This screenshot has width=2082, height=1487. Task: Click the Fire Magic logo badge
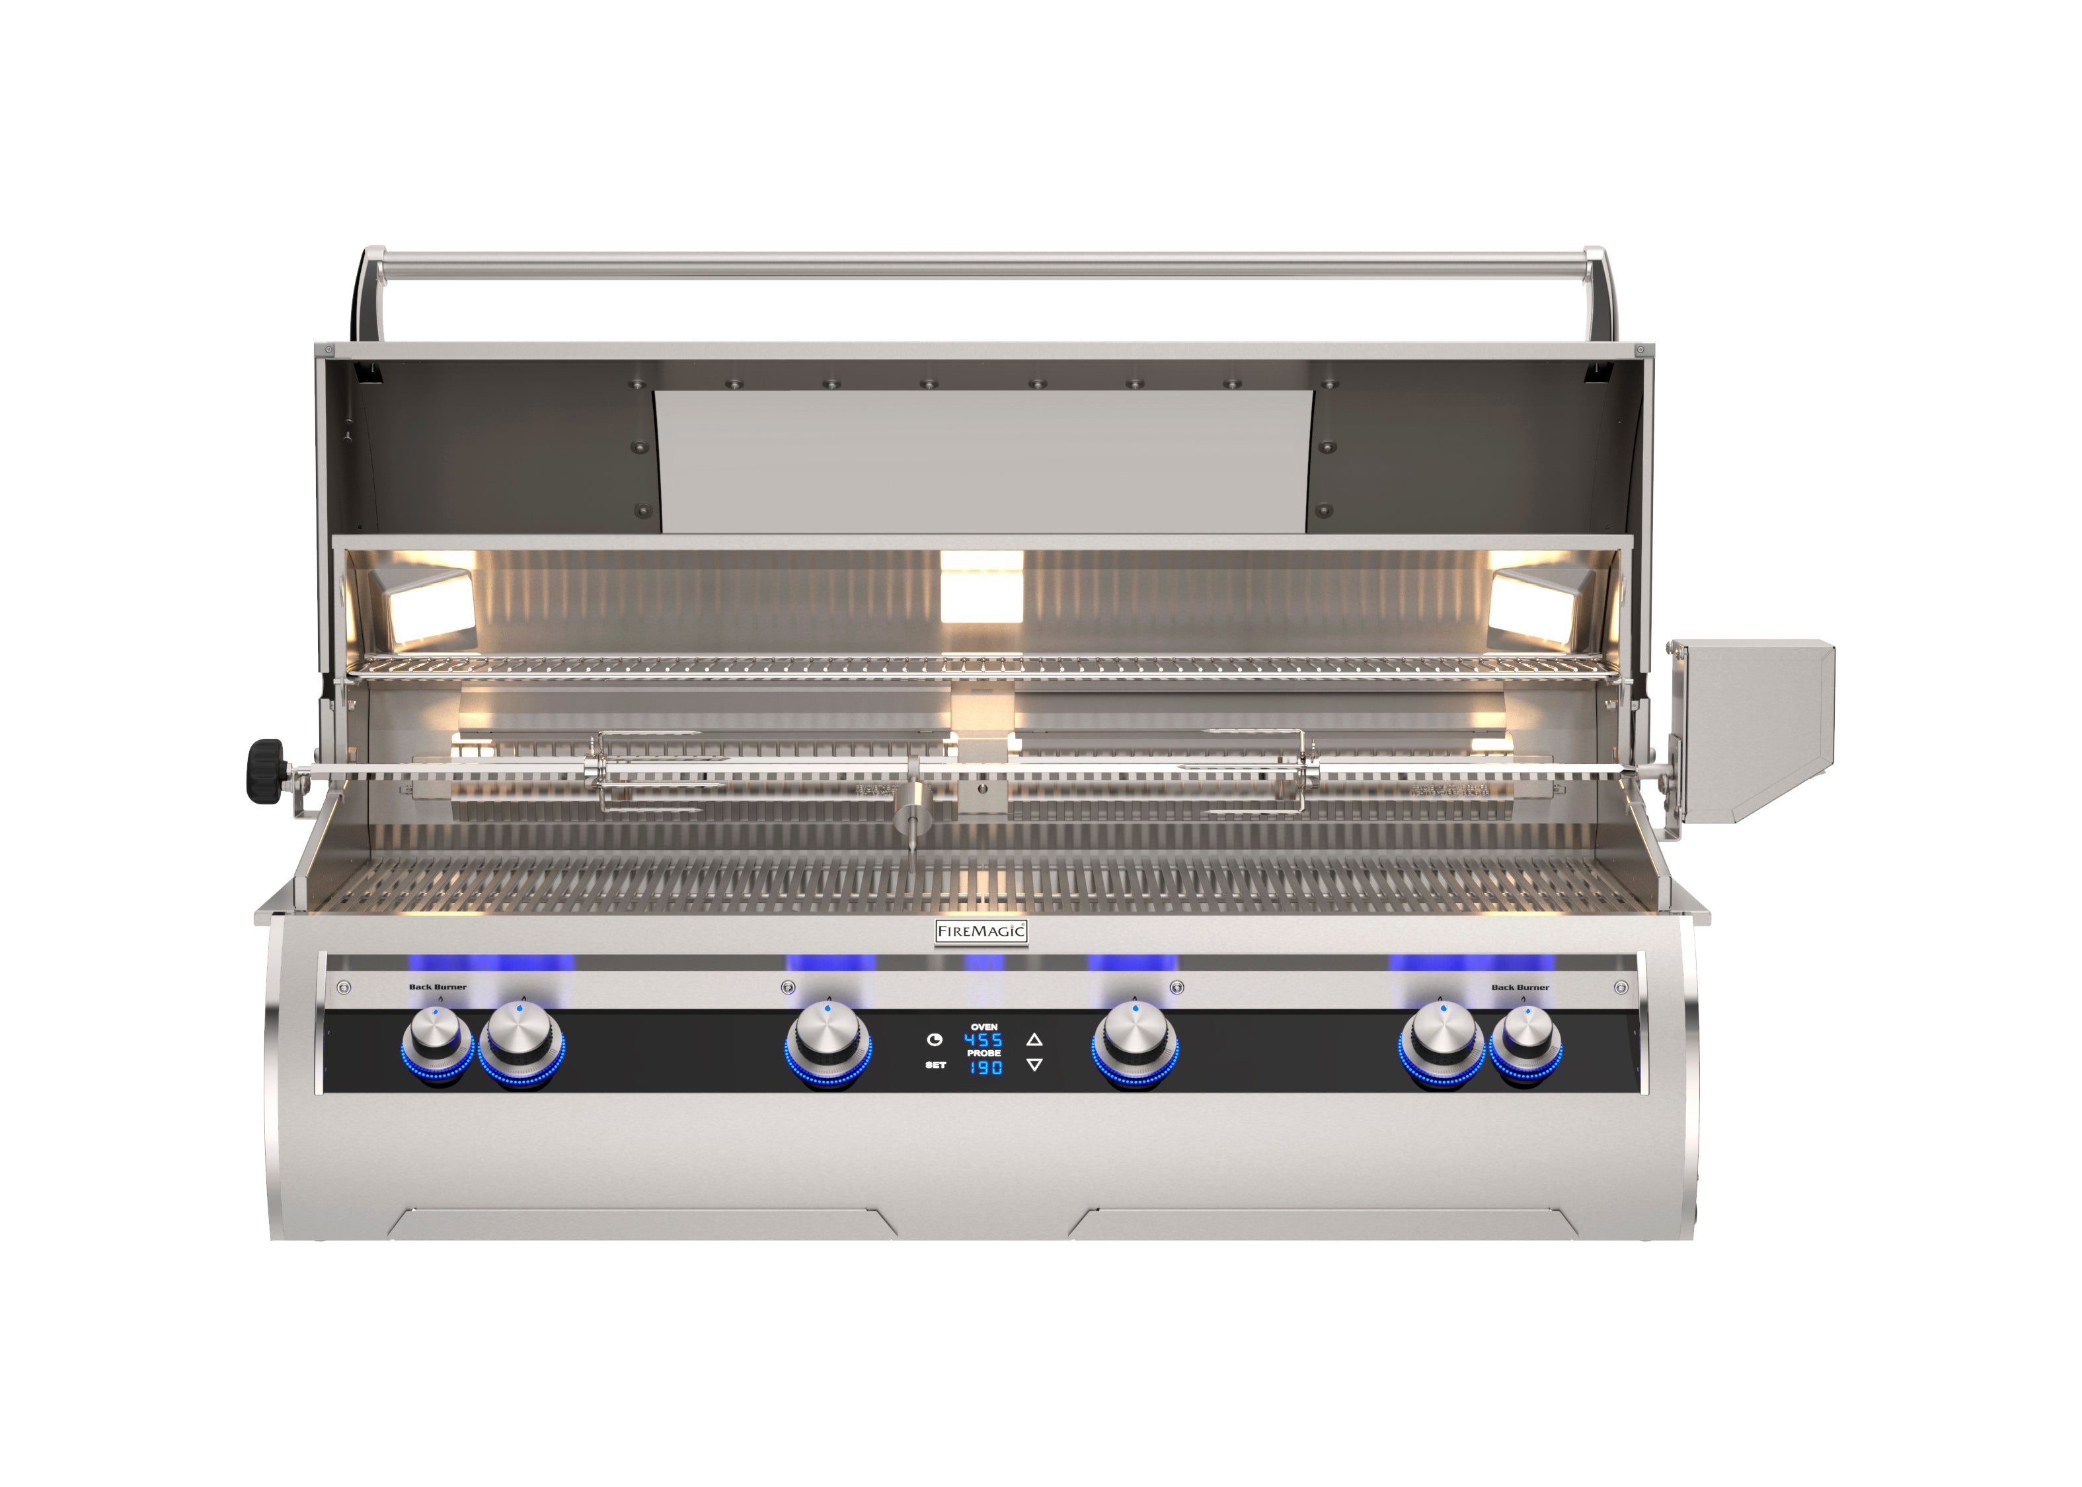point(982,932)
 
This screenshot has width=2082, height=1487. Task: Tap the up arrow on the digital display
point(1034,1040)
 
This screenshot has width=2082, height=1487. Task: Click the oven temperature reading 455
point(983,1040)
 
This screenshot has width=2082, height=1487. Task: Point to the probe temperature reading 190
point(986,1067)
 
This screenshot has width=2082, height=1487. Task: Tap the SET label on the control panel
point(935,1065)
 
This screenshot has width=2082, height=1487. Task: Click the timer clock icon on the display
point(935,1040)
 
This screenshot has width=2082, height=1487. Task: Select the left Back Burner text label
point(438,987)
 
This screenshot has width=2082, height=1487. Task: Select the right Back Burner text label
point(1521,987)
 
